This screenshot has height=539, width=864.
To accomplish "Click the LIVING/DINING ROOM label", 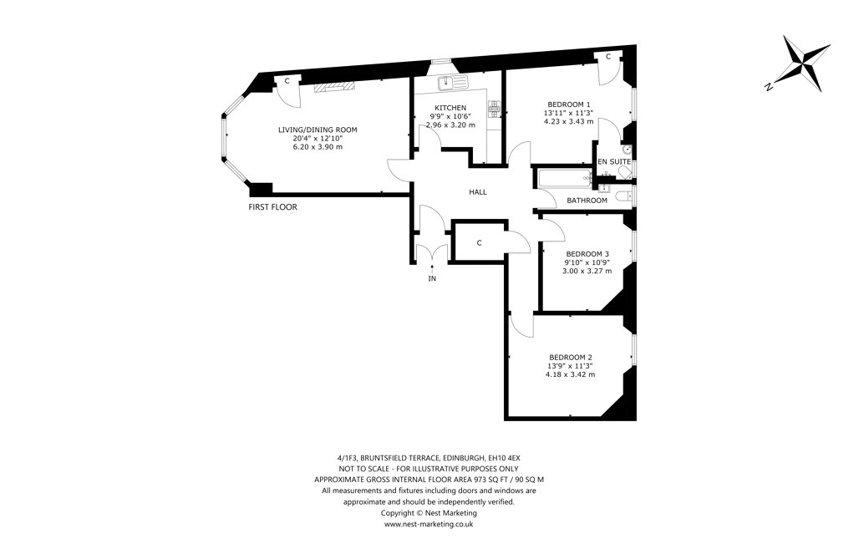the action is (x=318, y=130).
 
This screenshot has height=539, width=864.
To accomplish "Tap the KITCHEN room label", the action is (x=450, y=108).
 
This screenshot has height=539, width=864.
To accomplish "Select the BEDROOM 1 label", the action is (x=569, y=104).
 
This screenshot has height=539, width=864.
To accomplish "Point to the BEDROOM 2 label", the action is (x=571, y=357).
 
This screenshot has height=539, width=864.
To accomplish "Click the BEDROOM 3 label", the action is (x=587, y=254).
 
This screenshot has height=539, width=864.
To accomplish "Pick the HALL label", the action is (x=478, y=192).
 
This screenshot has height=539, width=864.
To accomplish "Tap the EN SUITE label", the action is (x=614, y=161).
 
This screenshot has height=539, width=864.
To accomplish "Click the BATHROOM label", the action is (x=587, y=201).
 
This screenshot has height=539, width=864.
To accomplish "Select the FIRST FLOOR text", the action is (x=272, y=207).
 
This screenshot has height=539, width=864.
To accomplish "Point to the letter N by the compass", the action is (x=768, y=87).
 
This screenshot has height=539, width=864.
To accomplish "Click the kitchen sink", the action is (x=452, y=83).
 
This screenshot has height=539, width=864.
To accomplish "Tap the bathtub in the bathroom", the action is (x=562, y=178).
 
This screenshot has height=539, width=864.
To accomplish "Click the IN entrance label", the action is (x=432, y=279).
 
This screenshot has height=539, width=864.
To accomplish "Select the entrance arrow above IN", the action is (x=432, y=268).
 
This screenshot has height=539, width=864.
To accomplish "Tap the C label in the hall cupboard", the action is (x=480, y=243).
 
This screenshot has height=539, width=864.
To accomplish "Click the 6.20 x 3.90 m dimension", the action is (x=318, y=147).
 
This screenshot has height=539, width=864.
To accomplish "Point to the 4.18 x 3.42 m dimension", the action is (x=571, y=374).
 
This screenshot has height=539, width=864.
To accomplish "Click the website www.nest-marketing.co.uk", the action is (x=428, y=525).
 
